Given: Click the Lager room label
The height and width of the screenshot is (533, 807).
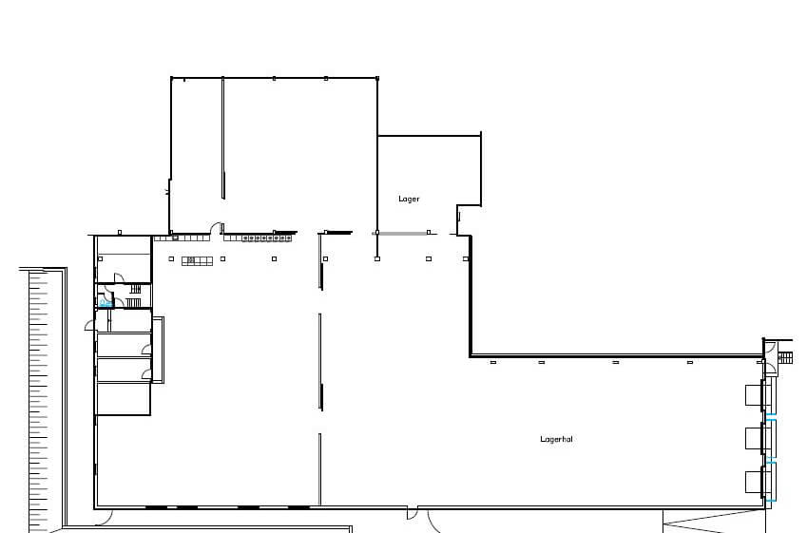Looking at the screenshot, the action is (x=409, y=199).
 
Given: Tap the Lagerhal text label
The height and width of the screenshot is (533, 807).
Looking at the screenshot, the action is (x=556, y=439).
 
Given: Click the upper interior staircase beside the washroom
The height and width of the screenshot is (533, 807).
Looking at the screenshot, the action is (x=135, y=288).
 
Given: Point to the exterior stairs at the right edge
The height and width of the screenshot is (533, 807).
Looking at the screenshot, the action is (x=785, y=357).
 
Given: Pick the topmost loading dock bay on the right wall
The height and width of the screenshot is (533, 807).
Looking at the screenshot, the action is (x=754, y=395).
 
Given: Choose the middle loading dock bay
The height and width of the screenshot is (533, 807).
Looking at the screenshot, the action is (x=754, y=438).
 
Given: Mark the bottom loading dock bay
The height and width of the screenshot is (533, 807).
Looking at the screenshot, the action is (x=754, y=482).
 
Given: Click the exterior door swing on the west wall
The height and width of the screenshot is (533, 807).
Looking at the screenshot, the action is (x=90, y=325).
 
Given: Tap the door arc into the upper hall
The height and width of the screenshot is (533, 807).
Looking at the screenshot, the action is (x=215, y=227).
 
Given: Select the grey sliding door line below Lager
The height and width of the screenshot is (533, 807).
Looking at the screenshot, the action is (x=400, y=234).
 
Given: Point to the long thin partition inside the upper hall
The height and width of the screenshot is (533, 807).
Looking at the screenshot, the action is (x=222, y=138).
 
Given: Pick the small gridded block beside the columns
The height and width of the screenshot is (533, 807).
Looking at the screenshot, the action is (x=197, y=261).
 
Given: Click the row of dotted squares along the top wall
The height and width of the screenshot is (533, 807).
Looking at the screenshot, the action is (x=266, y=238).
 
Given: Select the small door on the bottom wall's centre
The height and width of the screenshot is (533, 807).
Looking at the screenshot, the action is (x=413, y=513).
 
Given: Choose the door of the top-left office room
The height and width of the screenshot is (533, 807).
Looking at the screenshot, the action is (x=119, y=277).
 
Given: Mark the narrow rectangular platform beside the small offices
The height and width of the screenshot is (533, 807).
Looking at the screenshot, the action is (x=158, y=350).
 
